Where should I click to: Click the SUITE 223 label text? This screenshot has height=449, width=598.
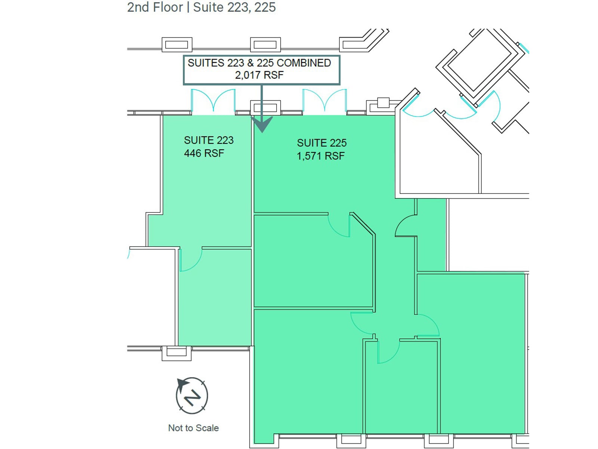209,140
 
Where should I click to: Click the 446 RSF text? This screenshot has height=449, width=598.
204,153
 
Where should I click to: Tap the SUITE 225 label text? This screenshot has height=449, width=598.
322,143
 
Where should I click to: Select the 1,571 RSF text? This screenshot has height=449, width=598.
321,156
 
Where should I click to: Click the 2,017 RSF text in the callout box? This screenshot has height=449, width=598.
259,75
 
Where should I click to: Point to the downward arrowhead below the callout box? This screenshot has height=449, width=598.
262,125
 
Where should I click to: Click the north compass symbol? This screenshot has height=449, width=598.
192,395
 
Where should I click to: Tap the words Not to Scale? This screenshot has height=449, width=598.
193,428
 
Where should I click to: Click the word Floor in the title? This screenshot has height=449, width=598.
165,7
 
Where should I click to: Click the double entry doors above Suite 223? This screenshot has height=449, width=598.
213,101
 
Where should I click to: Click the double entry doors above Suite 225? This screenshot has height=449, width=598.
324,101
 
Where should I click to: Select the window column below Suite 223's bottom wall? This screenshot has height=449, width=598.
176,352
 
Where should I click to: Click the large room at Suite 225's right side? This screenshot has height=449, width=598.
482,352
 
